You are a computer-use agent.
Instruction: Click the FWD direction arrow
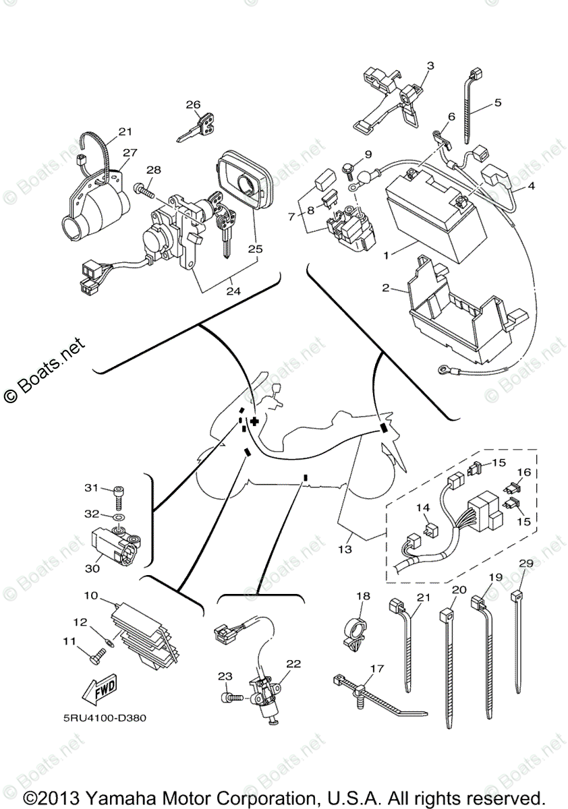(x=98, y=690)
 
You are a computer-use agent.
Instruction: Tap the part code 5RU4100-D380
(x=101, y=717)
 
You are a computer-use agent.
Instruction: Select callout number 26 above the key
(x=194, y=104)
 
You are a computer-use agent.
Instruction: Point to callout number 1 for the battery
(x=386, y=257)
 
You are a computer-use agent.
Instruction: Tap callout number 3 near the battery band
(x=430, y=66)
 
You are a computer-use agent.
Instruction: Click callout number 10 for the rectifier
(x=91, y=595)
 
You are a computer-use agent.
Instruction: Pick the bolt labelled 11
(x=98, y=652)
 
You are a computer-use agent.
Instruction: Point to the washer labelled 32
(x=119, y=518)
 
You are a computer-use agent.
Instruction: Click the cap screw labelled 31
(x=119, y=491)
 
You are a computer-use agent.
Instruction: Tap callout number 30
(x=92, y=568)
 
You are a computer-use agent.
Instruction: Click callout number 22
(x=293, y=663)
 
